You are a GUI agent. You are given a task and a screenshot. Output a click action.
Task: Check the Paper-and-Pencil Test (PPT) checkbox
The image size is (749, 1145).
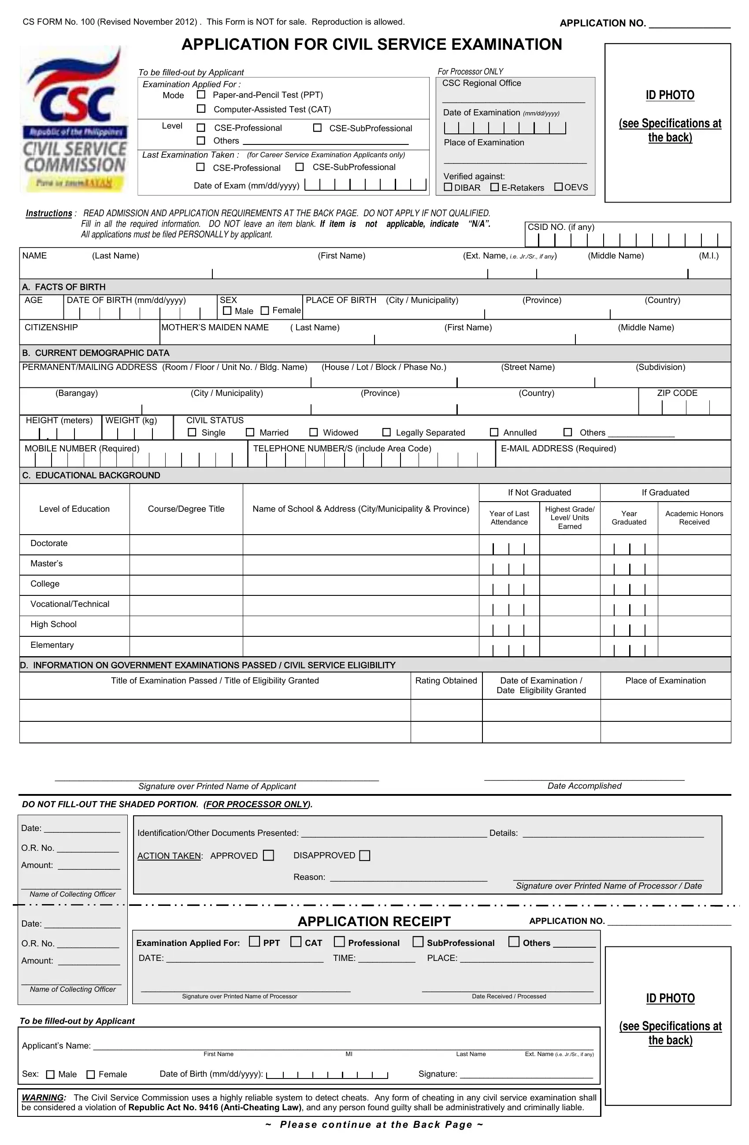click(201, 95)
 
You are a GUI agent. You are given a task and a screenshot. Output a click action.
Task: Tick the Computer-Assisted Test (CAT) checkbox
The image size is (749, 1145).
click(201, 109)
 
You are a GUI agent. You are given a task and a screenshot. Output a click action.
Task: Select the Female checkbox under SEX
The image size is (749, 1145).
click(265, 311)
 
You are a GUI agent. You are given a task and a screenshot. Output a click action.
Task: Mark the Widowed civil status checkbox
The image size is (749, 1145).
click(313, 432)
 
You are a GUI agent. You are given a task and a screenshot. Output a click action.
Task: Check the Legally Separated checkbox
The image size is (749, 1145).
click(386, 432)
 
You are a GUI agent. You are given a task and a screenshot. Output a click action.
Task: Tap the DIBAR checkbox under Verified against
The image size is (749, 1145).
click(448, 187)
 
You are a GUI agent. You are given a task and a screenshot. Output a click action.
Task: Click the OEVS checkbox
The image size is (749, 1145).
click(558, 187)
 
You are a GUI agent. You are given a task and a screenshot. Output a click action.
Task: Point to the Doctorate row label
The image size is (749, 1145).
click(49, 543)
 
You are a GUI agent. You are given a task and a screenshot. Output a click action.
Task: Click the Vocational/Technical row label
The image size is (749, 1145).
click(70, 604)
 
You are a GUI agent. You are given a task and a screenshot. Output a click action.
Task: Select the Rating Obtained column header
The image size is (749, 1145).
click(446, 680)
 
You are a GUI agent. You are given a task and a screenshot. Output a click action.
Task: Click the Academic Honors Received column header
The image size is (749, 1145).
click(693, 517)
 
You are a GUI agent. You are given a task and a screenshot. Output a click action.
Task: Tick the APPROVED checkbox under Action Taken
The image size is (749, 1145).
click(269, 855)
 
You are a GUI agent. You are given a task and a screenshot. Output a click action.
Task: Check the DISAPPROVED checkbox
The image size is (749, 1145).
click(365, 855)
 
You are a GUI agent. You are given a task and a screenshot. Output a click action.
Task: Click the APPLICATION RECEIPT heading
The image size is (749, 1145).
click(374, 921)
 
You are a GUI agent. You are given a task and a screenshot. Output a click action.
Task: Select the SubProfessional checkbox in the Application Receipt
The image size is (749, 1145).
click(418, 942)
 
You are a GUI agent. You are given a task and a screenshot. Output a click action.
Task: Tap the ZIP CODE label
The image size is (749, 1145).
click(677, 393)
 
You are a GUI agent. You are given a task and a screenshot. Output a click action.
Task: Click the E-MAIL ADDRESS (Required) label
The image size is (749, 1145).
click(558, 448)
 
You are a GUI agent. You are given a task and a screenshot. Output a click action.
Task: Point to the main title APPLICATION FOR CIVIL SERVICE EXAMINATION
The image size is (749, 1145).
click(371, 44)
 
